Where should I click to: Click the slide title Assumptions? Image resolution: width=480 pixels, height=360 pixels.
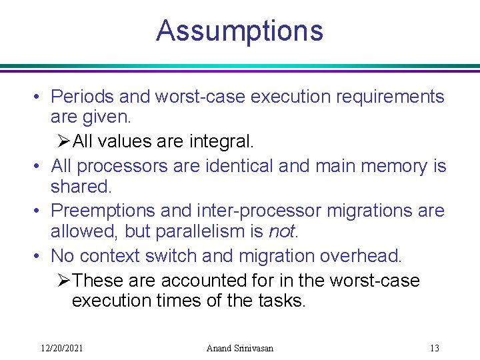click(239, 31)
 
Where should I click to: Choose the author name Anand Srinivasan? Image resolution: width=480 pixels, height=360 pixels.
click(240, 348)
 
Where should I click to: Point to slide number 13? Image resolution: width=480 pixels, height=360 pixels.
click(435, 348)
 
